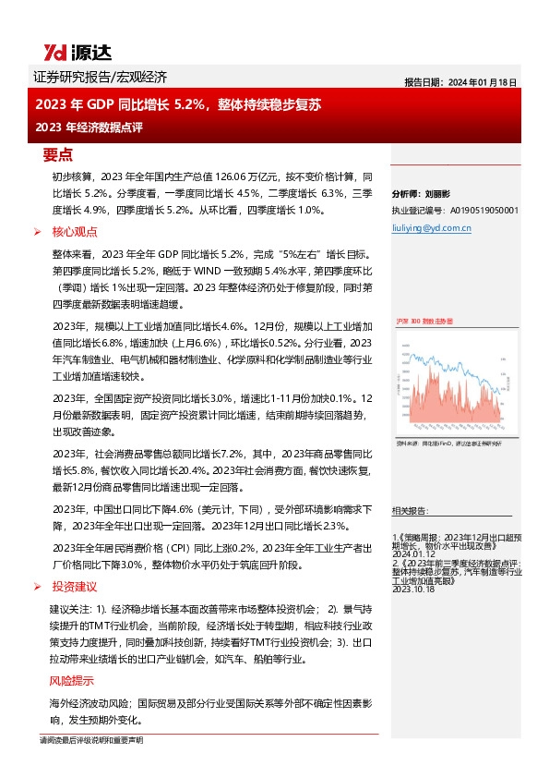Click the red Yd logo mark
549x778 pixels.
click(54, 53)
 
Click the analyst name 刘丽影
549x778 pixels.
click(436, 195)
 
